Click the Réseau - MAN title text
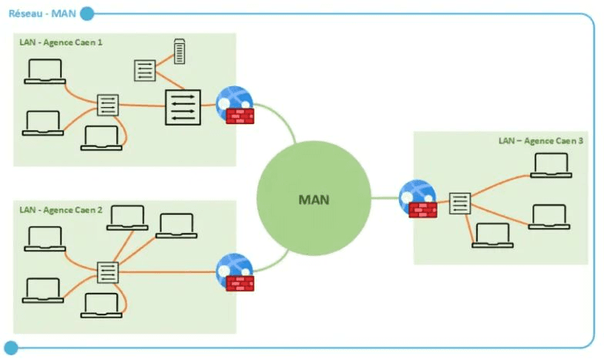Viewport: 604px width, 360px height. click(40, 13)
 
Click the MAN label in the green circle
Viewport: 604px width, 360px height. click(314, 200)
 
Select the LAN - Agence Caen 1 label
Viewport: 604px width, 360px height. click(61, 42)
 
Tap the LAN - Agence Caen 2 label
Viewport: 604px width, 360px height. click(61, 210)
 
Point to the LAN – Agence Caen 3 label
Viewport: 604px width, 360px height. click(541, 141)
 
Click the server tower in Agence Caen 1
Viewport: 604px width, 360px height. click(180, 52)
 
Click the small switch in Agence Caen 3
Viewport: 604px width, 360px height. click(460, 204)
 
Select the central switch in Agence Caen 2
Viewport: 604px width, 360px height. click(108, 272)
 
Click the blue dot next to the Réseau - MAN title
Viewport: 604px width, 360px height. click(86, 13)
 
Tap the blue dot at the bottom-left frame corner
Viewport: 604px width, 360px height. click(10, 347)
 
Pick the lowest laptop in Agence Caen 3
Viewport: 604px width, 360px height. click(491, 235)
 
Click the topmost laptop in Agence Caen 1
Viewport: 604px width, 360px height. click(43, 71)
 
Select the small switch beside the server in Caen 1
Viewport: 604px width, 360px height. click(145, 69)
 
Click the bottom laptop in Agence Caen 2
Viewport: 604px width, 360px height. click(100, 305)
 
